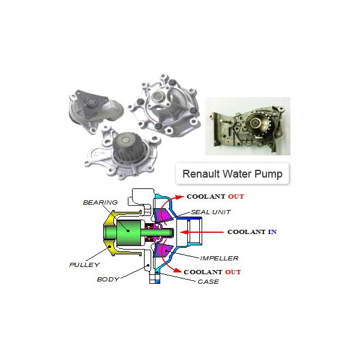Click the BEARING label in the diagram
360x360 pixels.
[100, 202]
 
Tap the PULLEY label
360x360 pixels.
[85, 265]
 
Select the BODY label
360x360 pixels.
[108, 279]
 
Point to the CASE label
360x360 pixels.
[208, 281]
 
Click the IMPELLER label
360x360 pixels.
[219, 258]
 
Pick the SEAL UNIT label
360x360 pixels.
[211, 212]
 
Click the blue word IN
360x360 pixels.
[272, 232]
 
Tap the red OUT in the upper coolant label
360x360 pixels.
[236, 197]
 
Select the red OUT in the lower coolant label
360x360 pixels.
[233, 272]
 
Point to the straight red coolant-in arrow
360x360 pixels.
[202, 232]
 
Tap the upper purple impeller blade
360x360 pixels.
[163, 215]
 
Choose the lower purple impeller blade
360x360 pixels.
[163, 250]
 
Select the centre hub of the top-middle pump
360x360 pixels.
[158, 97]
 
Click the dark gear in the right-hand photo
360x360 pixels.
[258, 124]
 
